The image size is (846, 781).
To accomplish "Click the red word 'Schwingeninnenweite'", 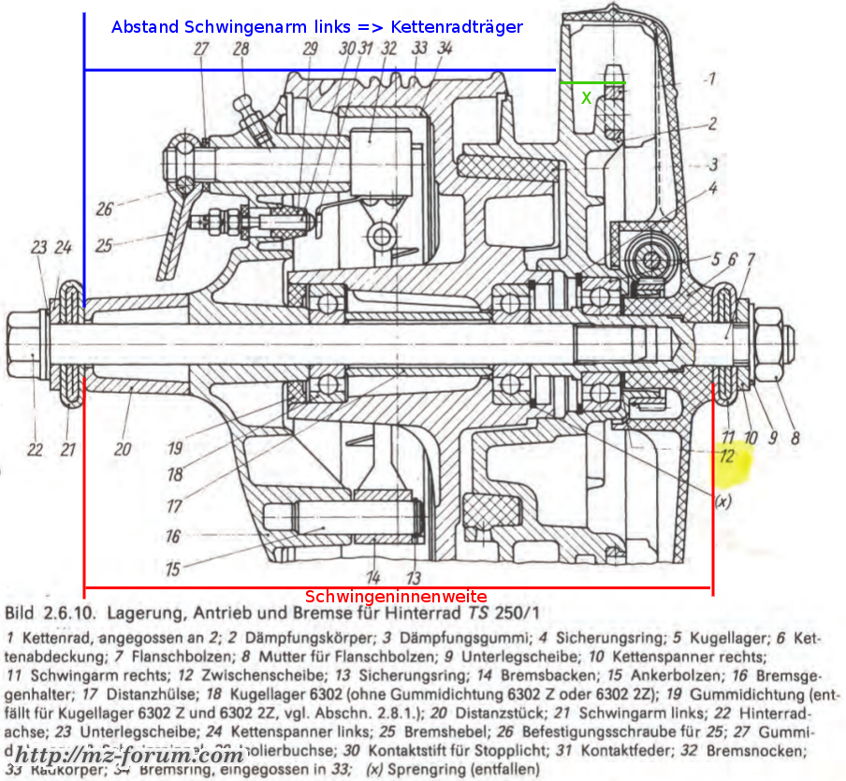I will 396,597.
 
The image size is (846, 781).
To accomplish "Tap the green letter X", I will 587,96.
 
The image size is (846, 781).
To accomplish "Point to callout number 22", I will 35,449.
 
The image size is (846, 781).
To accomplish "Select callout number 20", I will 123,449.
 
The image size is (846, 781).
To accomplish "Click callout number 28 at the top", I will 241,50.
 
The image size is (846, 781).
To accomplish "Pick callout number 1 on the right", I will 711,80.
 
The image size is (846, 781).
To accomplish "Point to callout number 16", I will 172,537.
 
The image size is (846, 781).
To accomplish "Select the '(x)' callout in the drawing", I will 722,501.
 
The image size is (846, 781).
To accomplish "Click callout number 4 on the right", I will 713,189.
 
